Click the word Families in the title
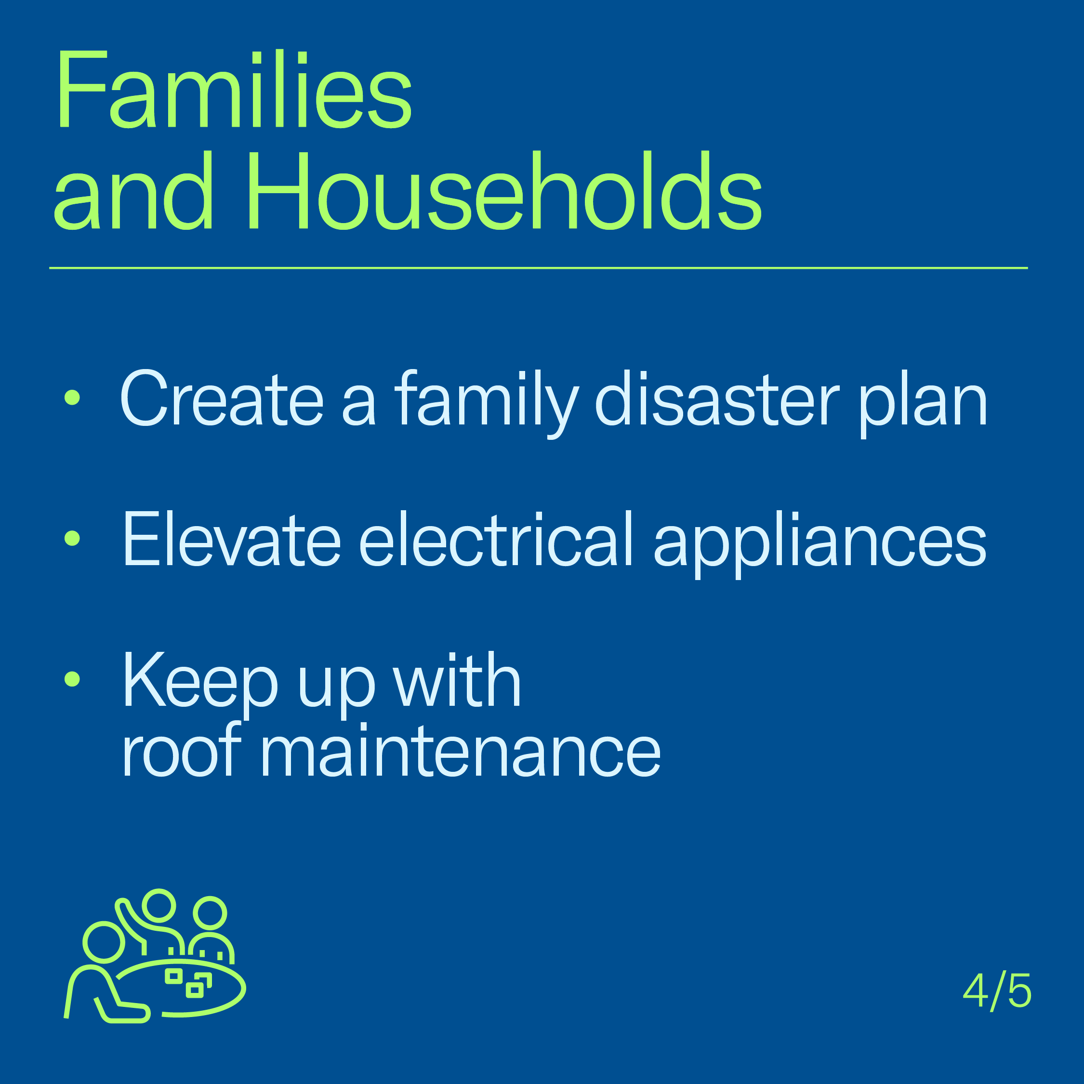coord(234,90)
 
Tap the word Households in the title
coord(504,190)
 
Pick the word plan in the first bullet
coord(923,404)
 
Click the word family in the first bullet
coord(487,404)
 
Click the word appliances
coord(820,544)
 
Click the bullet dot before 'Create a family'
coord(72,397)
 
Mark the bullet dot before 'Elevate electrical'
coord(72,538)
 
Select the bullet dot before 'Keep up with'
coord(72,679)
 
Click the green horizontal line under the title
coord(539,268)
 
